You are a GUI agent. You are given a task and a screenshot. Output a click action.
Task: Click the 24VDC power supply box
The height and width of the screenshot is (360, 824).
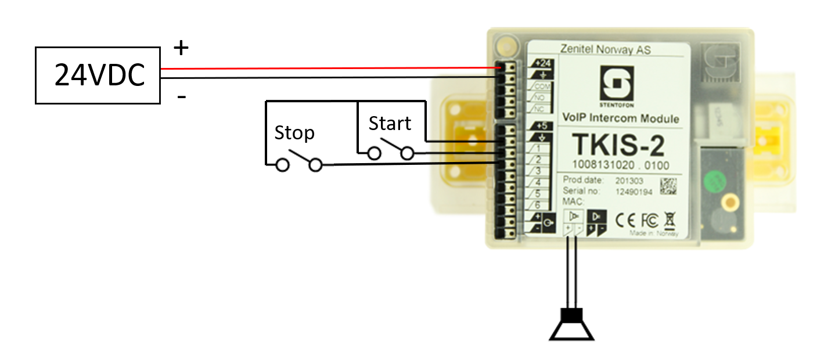(x=98, y=76)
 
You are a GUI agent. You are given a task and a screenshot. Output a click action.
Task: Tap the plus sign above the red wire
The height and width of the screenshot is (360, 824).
(x=182, y=48)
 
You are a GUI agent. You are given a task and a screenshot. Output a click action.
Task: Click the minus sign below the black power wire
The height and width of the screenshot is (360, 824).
(x=182, y=97)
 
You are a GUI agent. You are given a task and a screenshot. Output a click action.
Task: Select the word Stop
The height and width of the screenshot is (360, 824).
(x=294, y=133)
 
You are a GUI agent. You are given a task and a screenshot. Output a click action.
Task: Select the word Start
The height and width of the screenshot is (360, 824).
(x=390, y=123)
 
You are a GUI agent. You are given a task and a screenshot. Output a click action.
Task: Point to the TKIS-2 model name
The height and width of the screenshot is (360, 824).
(x=618, y=145)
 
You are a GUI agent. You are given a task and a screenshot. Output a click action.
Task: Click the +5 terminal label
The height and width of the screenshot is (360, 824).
(x=542, y=125)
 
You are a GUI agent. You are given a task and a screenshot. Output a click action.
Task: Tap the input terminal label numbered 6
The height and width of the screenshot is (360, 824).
(x=538, y=206)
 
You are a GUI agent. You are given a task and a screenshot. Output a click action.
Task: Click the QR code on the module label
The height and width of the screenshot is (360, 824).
(x=668, y=186)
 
